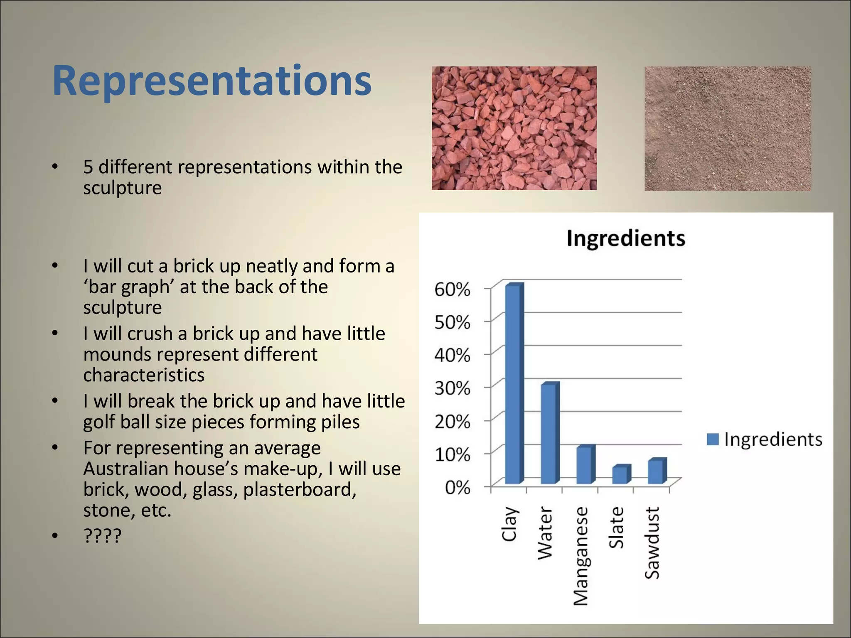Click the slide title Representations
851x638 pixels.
[x=212, y=81]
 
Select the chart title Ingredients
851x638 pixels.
[x=625, y=239]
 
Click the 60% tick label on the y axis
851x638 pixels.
[x=452, y=290]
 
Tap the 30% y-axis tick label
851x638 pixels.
[x=452, y=388]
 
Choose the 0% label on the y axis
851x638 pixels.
[x=457, y=488]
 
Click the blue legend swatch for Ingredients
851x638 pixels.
[x=712, y=439]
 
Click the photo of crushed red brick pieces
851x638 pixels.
[x=514, y=128]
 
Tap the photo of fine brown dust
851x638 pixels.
[x=728, y=128]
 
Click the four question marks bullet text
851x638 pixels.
[x=102, y=536]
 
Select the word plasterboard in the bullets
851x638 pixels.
[x=299, y=490]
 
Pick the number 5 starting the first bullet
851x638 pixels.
[x=88, y=167]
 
